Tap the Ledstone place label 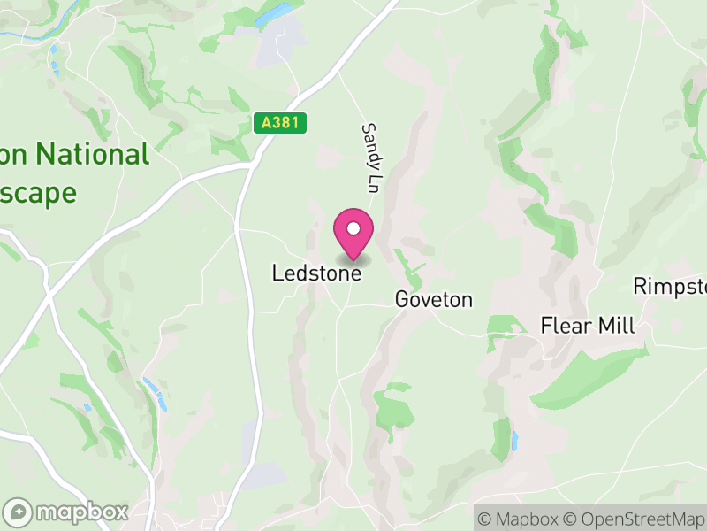[316, 274]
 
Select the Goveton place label [434, 300]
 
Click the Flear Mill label [588, 326]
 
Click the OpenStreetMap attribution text [633, 518]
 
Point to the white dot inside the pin [353, 228]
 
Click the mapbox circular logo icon [19, 512]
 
